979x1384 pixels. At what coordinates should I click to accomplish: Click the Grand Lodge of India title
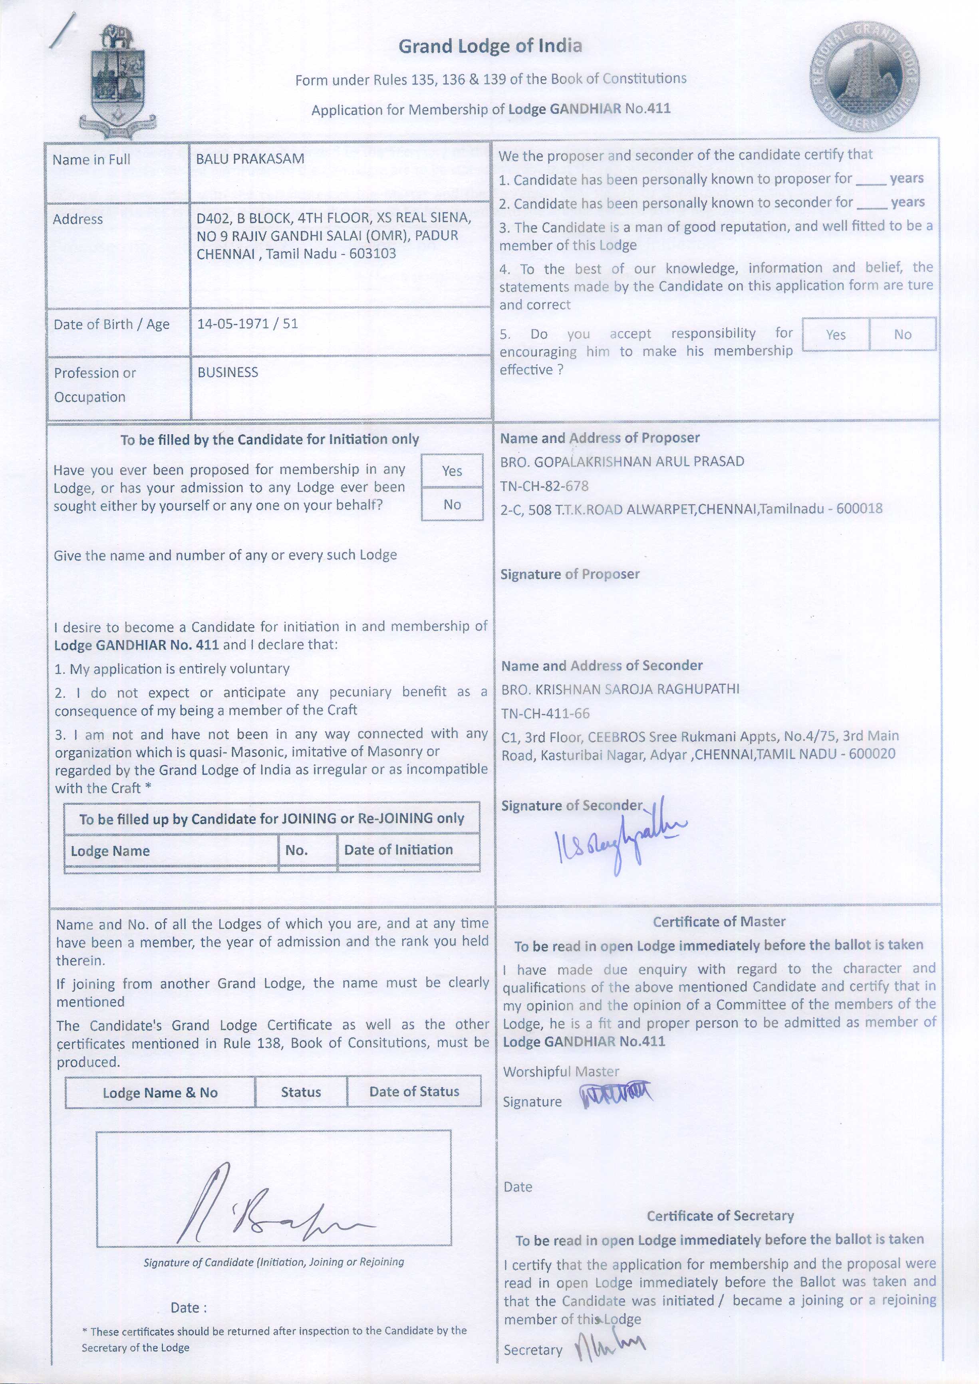(490, 46)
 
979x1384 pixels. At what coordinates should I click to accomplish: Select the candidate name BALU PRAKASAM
(250, 159)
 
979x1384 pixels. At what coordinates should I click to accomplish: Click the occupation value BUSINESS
(228, 373)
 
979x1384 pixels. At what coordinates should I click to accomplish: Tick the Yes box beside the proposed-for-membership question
(452, 471)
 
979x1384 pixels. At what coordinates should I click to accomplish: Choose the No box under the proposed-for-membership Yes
(452, 504)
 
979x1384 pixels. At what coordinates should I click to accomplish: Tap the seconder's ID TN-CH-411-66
(546, 713)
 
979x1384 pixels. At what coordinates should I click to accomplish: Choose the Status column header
(301, 1092)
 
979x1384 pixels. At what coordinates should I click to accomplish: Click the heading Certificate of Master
(719, 921)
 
